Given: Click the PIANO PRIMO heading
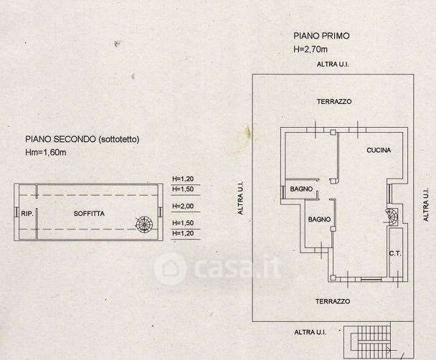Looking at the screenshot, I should (x=320, y=35).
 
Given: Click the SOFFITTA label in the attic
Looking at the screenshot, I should (x=90, y=214).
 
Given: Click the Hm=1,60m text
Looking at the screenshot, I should (x=45, y=153).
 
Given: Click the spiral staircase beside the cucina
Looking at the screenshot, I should (x=392, y=214).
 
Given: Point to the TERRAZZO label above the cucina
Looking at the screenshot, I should (x=334, y=102).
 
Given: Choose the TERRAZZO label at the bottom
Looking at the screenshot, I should (x=333, y=302).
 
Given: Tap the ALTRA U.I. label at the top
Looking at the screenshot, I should (x=333, y=65).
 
